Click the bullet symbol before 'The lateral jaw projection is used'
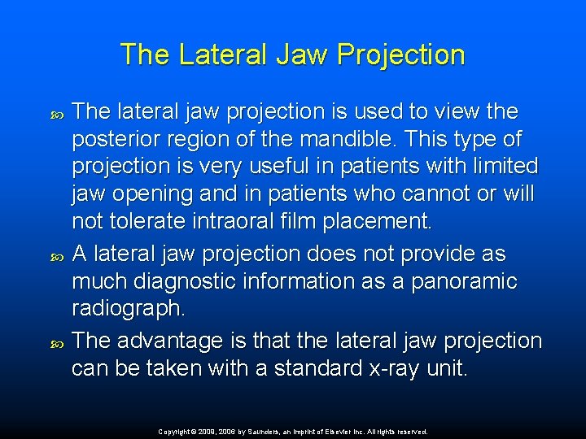click(56, 111)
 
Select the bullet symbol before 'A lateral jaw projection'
click(56, 254)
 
